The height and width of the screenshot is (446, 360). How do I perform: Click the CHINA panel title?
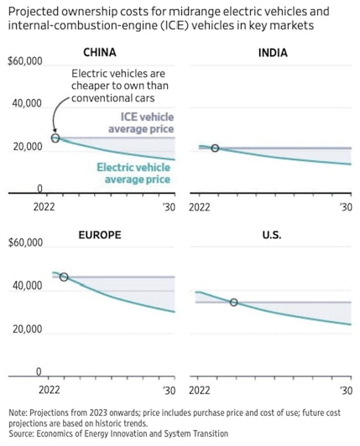click(x=100, y=52)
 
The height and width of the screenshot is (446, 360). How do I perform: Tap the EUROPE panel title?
click(x=100, y=235)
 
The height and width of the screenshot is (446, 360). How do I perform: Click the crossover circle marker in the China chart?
click(x=55, y=137)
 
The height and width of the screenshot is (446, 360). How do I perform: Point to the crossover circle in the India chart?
click(x=215, y=148)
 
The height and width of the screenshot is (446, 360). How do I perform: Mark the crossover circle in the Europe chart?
click(x=64, y=277)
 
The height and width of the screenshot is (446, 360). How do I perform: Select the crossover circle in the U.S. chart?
click(x=233, y=302)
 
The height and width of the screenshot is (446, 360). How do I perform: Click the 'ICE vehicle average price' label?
click(x=140, y=123)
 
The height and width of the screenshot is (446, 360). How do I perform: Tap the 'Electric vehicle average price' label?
click(x=135, y=174)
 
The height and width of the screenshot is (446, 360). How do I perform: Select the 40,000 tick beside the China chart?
click(x=26, y=104)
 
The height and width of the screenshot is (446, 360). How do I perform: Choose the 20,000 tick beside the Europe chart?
click(x=26, y=329)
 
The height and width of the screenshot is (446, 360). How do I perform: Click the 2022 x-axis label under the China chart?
click(x=44, y=207)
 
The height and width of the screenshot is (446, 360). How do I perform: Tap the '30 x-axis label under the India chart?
click(x=344, y=207)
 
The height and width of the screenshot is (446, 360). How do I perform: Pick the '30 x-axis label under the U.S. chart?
click(x=344, y=391)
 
